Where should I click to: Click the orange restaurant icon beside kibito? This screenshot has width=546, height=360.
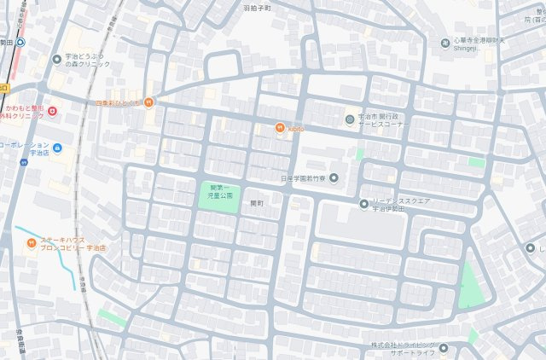[279, 128]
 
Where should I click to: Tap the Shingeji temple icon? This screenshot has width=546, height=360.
[444, 44]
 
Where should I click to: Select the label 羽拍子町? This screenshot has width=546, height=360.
[256, 7]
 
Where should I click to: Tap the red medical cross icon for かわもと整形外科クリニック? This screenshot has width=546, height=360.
[52, 111]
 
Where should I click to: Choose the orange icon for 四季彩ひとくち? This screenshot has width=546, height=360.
[149, 102]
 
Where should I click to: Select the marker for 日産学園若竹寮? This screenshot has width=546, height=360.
[334, 178]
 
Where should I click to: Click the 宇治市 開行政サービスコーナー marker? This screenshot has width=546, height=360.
[349, 119]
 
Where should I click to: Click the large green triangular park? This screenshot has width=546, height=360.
[470, 287]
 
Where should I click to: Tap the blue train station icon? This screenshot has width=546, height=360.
[20, 41]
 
